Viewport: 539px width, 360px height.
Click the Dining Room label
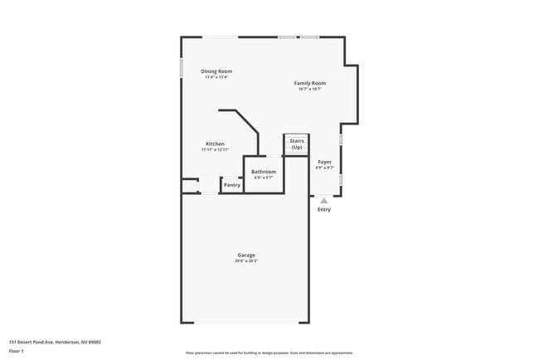click(x=216, y=71)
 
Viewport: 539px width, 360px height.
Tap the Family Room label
click(x=309, y=83)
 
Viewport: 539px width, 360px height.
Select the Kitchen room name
click(x=215, y=144)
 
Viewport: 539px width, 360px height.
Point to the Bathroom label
click(x=264, y=172)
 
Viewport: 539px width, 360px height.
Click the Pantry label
click(x=232, y=185)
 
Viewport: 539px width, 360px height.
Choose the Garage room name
click(x=245, y=255)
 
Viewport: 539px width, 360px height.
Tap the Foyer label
click(x=324, y=162)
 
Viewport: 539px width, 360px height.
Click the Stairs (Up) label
click(x=296, y=144)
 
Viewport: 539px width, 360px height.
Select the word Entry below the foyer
click(x=324, y=209)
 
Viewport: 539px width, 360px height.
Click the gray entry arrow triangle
click(x=324, y=200)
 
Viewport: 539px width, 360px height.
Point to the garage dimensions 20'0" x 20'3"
click(x=245, y=261)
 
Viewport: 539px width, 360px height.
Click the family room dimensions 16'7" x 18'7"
click(x=309, y=89)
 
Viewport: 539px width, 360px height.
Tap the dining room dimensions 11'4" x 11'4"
click(x=216, y=77)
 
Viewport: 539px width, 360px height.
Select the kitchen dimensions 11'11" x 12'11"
click(x=215, y=150)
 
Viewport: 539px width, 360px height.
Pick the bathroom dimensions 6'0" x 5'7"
click(x=264, y=178)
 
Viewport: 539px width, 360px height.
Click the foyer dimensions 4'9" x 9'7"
click(x=324, y=168)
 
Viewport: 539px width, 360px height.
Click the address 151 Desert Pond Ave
click(x=55, y=341)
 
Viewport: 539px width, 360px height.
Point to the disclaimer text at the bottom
click(x=269, y=353)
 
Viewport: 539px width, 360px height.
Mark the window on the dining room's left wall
click(x=182, y=67)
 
